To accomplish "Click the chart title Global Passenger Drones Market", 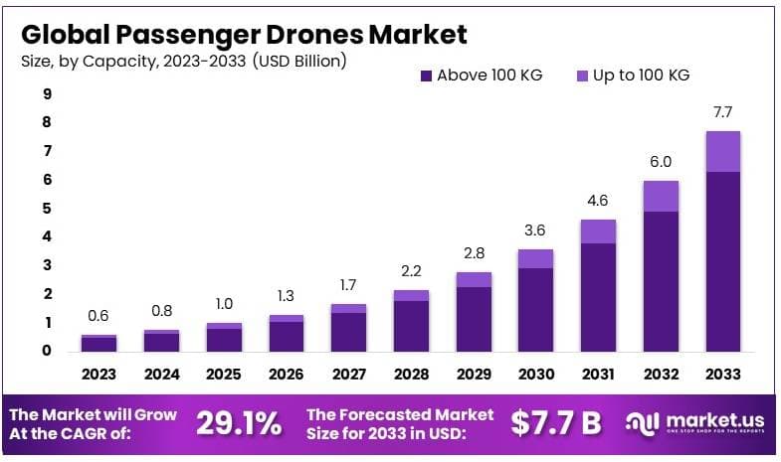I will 244,35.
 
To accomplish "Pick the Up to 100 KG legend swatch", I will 582,76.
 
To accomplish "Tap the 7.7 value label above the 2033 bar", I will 723,111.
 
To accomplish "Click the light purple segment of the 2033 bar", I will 723,151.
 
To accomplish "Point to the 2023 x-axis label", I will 98,375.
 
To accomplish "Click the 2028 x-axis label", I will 411,375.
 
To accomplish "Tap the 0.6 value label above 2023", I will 98,316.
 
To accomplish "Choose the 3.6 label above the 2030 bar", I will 536,231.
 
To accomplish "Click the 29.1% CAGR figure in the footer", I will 238,423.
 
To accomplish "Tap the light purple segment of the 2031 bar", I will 598,231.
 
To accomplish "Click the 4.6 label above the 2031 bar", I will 598,202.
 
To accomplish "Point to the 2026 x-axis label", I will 287,375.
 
